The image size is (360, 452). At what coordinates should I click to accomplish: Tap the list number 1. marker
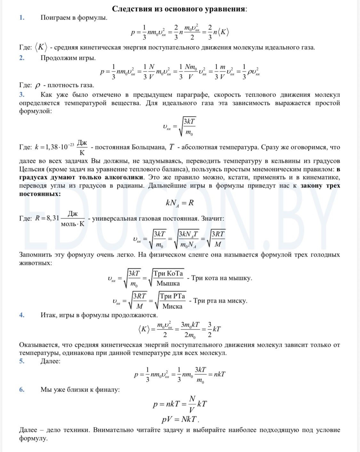(22, 18)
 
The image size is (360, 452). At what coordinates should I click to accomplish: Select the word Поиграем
(54, 18)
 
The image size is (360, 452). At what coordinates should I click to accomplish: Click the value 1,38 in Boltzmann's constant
(52, 147)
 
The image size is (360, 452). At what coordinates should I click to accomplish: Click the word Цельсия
(33, 169)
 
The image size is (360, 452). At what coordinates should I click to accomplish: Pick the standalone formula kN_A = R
(180, 203)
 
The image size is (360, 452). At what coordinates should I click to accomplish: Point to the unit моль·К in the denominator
(73, 224)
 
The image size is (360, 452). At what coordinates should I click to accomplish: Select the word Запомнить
(36, 255)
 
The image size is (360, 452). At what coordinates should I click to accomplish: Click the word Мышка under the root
(168, 283)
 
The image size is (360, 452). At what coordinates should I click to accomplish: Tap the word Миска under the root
(172, 306)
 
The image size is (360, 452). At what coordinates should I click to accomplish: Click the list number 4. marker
(22, 315)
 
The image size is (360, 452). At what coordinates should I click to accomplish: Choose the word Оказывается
(39, 345)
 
